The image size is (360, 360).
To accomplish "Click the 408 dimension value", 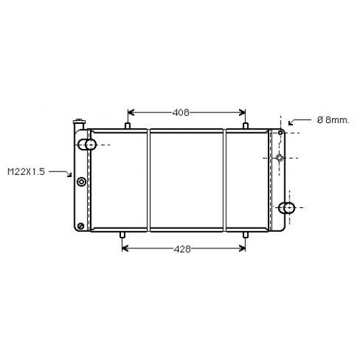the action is (181, 112).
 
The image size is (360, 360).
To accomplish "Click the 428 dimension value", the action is (182, 249).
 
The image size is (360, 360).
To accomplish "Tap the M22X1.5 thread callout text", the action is (26, 172).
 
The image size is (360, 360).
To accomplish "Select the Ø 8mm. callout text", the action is (333, 120).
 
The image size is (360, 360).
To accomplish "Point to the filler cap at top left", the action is (79, 121).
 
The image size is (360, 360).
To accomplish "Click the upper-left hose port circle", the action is (91, 145).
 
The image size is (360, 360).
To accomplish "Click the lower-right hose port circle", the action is (289, 207).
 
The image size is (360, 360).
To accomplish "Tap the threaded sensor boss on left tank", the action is (81, 181).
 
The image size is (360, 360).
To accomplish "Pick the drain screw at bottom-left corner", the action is (81, 226).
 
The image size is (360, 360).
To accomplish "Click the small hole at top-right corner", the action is (280, 132).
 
